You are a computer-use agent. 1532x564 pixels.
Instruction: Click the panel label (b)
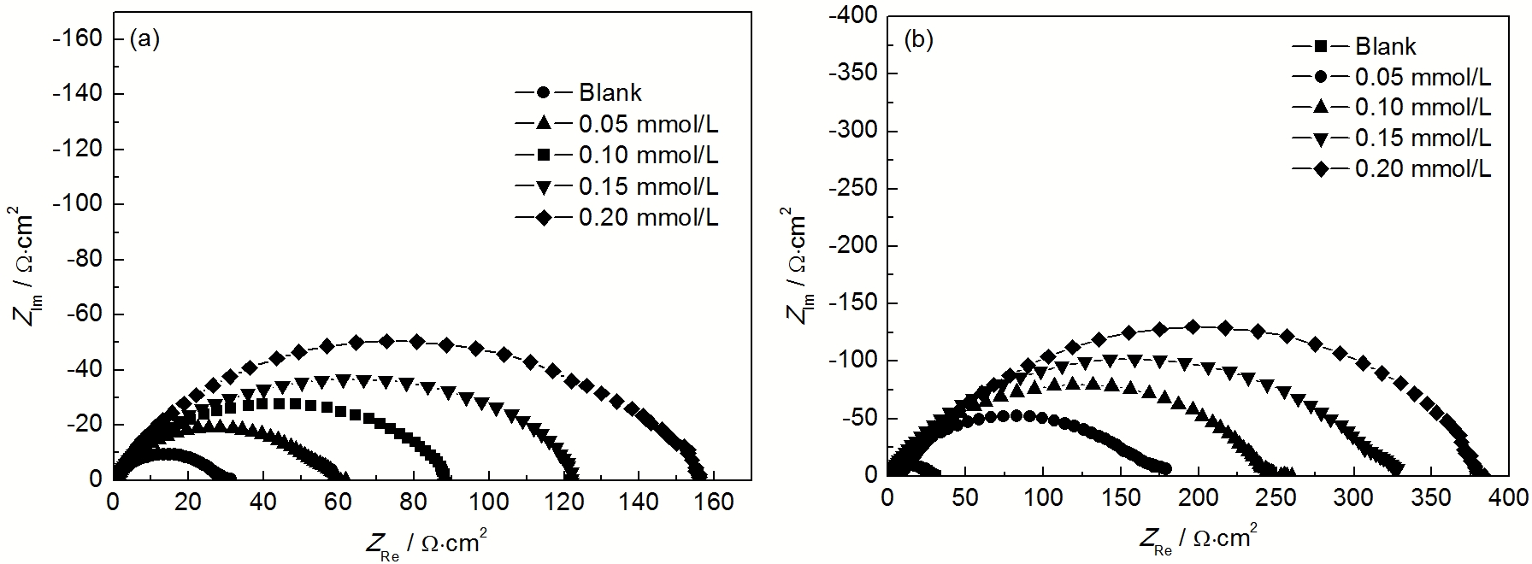tap(919, 40)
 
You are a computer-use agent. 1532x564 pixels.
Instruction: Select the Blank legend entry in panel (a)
tap(610, 92)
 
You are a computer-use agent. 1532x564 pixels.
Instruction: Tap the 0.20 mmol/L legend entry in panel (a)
tap(648, 217)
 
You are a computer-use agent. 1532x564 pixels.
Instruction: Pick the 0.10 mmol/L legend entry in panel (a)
tap(648, 156)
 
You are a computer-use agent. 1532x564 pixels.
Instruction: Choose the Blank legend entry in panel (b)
tap(1386, 46)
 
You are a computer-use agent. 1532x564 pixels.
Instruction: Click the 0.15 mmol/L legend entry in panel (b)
tap(1423, 138)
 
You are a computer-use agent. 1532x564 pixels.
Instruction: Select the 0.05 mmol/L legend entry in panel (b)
tap(1423, 77)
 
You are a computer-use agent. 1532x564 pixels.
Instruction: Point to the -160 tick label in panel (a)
tap(78, 38)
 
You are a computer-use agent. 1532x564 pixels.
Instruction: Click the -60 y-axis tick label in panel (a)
tap(83, 314)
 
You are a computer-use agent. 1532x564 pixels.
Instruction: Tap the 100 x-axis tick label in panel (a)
tap(489, 502)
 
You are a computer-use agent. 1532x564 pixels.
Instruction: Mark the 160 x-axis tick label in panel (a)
tap(715, 502)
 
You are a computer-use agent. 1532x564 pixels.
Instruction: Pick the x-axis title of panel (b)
tap(1197, 538)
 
